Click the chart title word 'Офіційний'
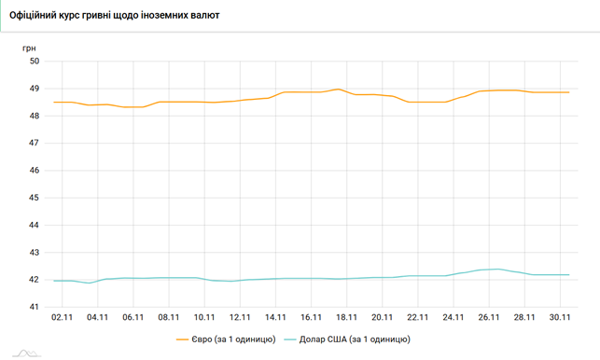coord(32,15)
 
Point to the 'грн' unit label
coord(29,48)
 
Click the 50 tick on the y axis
coord(35,62)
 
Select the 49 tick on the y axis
coord(35,89)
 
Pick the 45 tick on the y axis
coord(35,198)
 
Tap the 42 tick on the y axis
coord(35,280)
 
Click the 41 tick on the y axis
coord(35,307)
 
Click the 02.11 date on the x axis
coord(62,317)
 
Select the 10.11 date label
coord(204,317)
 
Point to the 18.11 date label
coord(347,317)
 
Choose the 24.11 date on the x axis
coord(453,317)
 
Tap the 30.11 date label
coord(560,317)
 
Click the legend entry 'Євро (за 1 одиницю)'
coord(233,339)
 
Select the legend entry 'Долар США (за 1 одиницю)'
coord(355,339)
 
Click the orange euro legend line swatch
coord(182,339)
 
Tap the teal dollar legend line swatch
coord(290,339)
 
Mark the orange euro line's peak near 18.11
coord(339,90)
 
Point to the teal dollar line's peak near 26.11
coord(498,269)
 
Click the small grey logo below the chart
coord(26,353)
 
